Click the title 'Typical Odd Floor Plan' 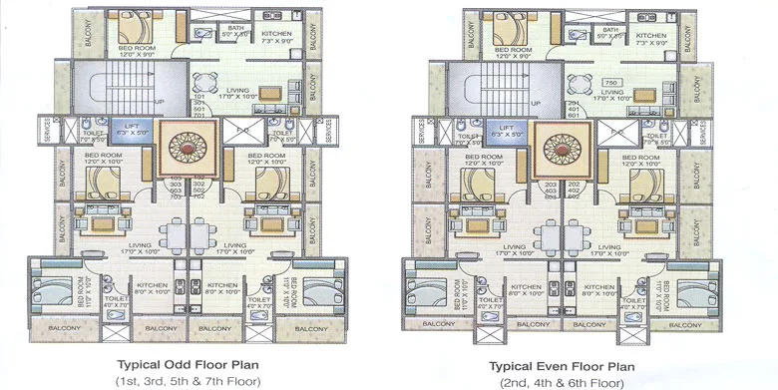189,365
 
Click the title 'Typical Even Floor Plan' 564,365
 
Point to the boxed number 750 610,83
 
